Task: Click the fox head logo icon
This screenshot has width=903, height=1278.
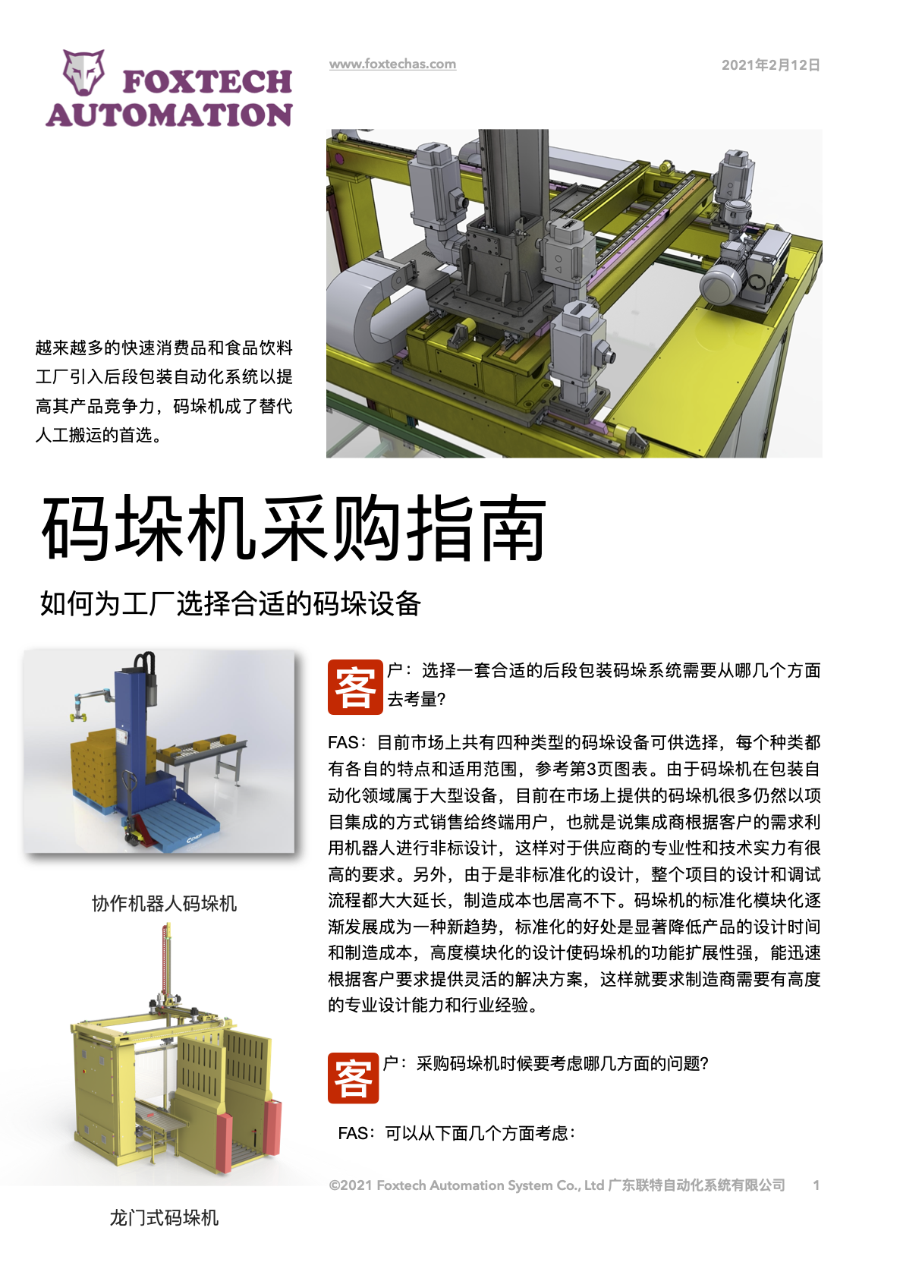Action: tap(83, 72)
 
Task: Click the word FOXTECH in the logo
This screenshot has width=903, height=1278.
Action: tap(207, 82)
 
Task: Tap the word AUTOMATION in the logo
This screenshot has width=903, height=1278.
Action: tap(169, 115)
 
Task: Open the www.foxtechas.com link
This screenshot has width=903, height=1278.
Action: tap(392, 64)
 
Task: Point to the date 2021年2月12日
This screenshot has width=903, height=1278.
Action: tap(771, 65)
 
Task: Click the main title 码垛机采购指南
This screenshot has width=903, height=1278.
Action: tap(294, 528)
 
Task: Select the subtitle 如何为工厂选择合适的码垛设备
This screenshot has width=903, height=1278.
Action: tap(231, 603)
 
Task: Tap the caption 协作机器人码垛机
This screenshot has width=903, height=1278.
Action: tap(165, 904)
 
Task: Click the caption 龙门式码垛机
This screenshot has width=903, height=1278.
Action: tap(165, 1218)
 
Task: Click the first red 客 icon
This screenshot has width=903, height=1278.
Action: tap(355, 687)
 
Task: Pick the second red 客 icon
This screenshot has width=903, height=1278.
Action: tap(353, 1077)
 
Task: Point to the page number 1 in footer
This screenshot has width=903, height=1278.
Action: tap(816, 1185)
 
